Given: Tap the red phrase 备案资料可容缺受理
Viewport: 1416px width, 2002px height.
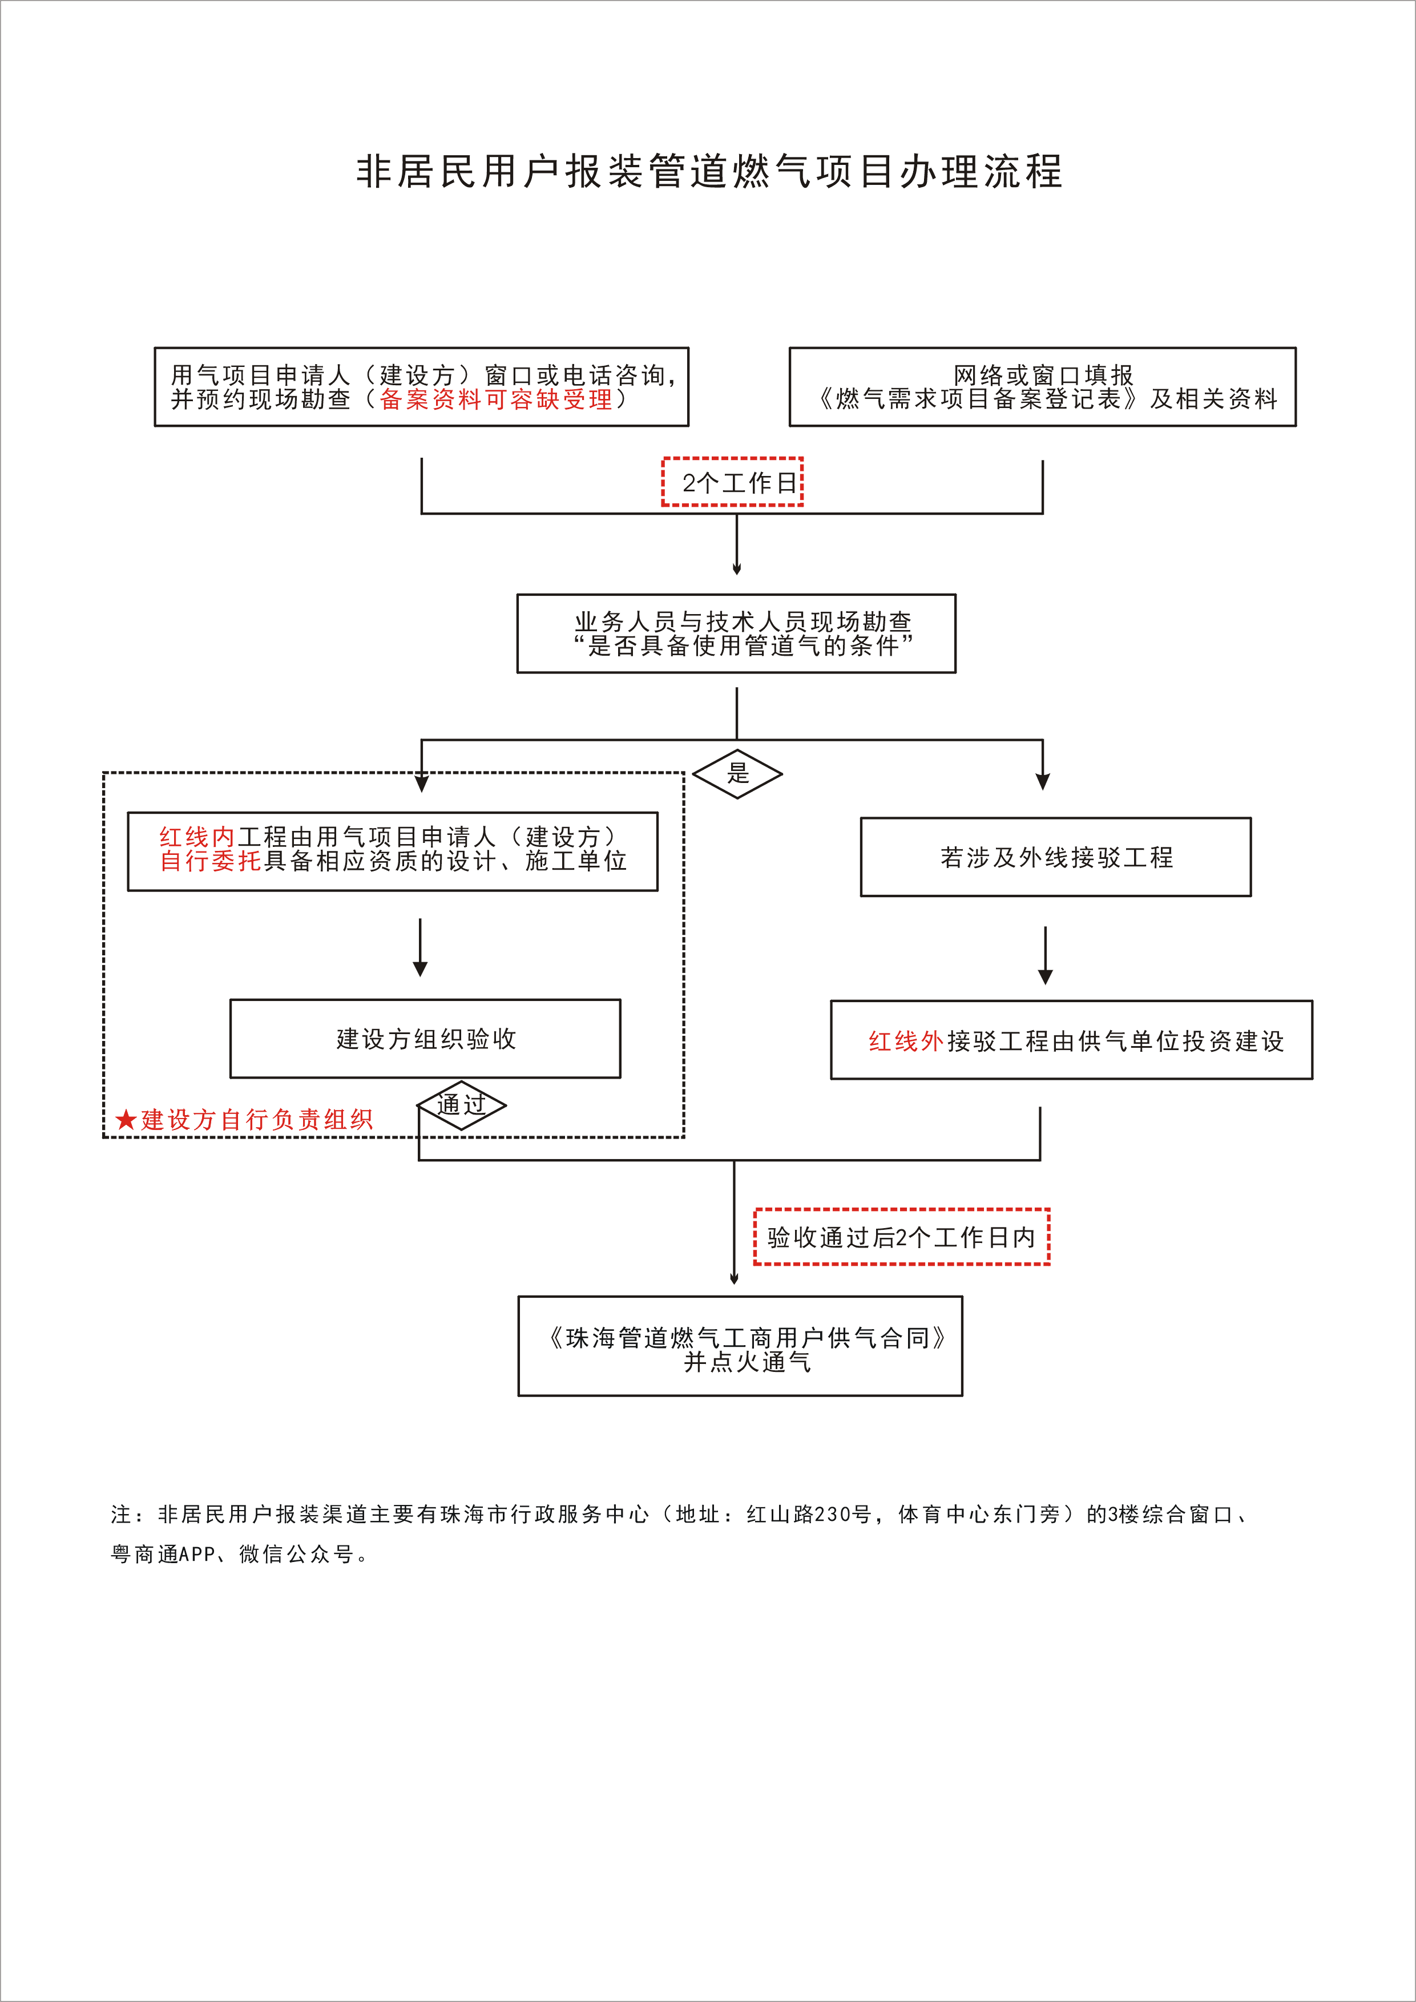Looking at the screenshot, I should [x=495, y=399].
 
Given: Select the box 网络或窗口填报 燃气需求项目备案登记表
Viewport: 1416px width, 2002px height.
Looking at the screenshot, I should [x=1042, y=387].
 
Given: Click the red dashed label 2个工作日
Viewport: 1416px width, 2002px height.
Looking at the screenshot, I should [x=732, y=482].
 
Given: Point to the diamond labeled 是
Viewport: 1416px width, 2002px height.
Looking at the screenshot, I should [x=737, y=773].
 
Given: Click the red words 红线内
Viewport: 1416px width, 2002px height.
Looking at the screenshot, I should [x=196, y=837].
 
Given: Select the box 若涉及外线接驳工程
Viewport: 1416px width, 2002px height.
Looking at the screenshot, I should [x=1055, y=857].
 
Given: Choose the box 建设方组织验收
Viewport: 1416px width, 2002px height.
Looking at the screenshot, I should [x=426, y=1039].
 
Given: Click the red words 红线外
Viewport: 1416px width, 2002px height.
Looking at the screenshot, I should [x=906, y=1041].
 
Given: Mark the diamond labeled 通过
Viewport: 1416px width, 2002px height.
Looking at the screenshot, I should [x=461, y=1105].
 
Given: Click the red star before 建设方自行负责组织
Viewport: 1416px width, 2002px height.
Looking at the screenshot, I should [x=126, y=1120].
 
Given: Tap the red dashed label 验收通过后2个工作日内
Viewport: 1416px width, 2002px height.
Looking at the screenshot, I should [x=902, y=1237].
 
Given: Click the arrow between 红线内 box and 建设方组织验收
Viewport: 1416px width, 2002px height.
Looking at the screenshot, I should [x=420, y=947].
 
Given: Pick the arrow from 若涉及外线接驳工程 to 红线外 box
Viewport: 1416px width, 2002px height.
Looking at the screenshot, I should [x=1046, y=955].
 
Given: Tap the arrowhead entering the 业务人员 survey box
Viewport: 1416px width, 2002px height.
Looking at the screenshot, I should [x=737, y=568].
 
